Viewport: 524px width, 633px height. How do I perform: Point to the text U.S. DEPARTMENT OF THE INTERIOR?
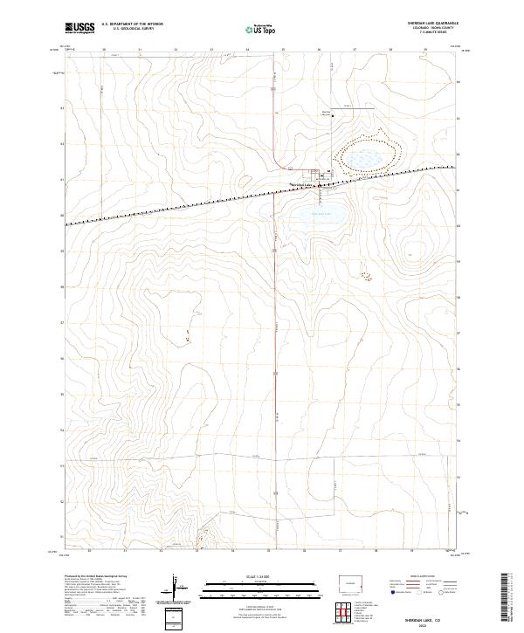(x=132, y=24)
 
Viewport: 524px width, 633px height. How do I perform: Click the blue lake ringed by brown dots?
(x=365, y=157)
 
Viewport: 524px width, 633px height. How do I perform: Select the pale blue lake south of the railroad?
(x=321, y=213)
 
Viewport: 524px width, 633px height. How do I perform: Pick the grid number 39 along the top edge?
(x=425, y=51)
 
